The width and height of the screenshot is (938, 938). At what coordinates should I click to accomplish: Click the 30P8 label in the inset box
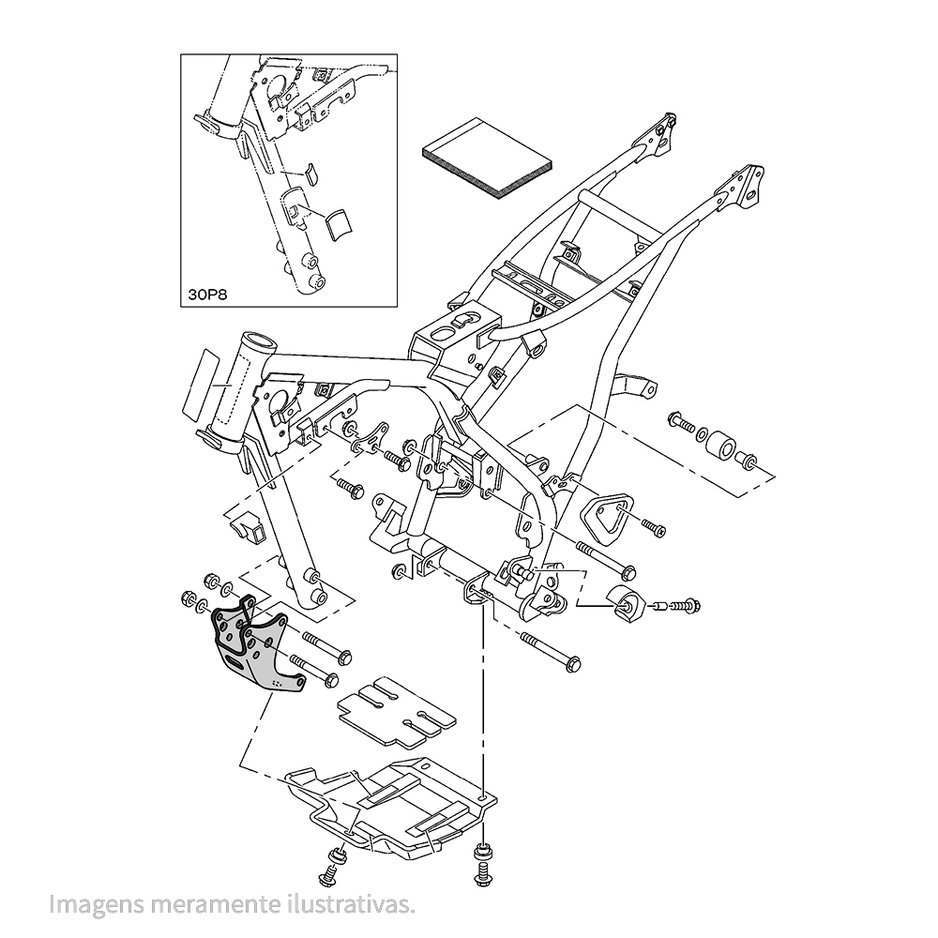tap(204, 294)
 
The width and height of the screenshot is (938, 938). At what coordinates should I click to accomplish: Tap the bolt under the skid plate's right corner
tap(483, 865)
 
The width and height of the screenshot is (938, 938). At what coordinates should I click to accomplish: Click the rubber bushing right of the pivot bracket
tap(626, 600)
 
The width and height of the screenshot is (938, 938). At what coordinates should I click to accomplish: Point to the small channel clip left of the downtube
tap(249, 527)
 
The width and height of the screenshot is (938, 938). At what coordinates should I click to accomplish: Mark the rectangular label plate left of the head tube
tap(200, 385)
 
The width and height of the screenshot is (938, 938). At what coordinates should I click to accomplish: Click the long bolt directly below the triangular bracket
tap(605, 561)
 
